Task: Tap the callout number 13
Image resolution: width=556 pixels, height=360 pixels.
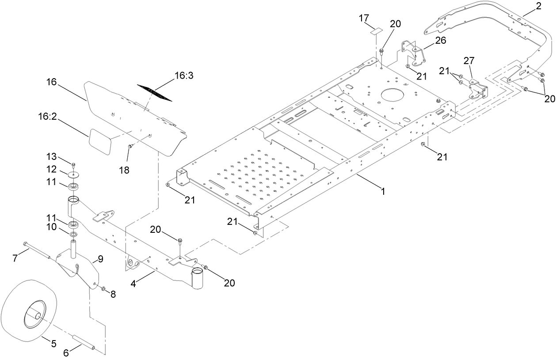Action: tap(52, 156)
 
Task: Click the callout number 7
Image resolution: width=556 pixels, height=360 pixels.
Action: tap(15, 258)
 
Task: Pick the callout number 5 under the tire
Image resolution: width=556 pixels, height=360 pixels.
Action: tap(53, 343)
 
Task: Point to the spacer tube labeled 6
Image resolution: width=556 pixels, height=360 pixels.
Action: tap(84, 343)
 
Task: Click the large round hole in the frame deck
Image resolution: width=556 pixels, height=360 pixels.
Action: tap(392, 95)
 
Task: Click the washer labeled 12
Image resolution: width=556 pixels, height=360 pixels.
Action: tap(73, 174)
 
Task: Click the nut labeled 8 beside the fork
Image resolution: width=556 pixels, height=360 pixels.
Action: tap(103, 288)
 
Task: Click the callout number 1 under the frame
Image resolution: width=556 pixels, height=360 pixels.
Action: tap(383, 191)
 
